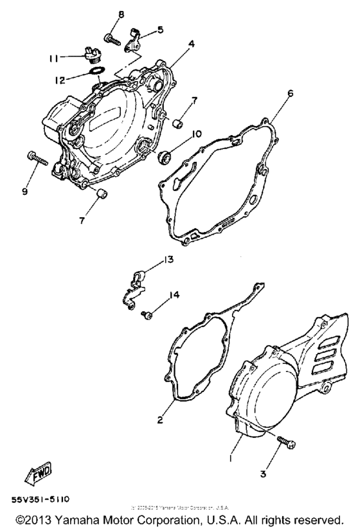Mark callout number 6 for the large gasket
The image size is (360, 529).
coord(290,93)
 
